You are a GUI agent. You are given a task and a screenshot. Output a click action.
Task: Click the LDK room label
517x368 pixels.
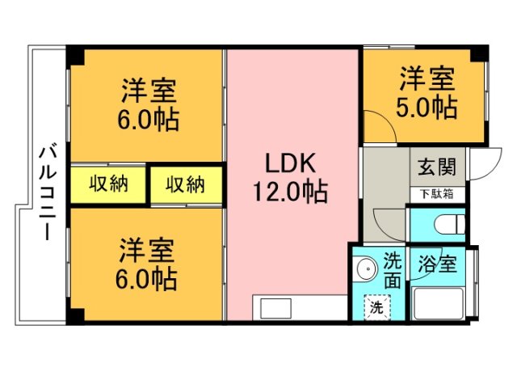pyautogui.click(x=292, y=163)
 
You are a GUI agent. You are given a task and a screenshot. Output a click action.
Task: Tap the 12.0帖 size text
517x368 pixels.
pyautogui.click(x=292, y=192)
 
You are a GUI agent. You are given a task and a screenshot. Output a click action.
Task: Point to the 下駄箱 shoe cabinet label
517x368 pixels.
pyautogui.click(x=437, y=194)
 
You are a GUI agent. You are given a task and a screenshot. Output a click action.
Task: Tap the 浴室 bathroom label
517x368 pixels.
pyautogui.click(x=437, y=264)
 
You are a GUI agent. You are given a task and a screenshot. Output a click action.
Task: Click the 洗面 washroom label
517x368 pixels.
pyautogui.click(x=392, y=271)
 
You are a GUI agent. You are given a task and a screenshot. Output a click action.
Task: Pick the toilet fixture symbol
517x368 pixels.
pyautogui.click(x=449, y=224)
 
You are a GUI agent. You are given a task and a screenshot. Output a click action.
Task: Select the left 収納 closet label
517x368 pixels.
pyautogui.click(x=108, y=184)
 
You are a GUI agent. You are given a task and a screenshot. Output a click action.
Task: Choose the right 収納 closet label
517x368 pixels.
pyautogui.click(x=186, y=184)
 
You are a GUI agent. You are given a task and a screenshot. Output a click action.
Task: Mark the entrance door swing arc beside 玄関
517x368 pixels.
pyautogui.click(x=480, y=166)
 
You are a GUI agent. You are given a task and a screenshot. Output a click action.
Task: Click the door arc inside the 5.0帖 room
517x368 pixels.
pyautogui.click(x=373, y=128)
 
